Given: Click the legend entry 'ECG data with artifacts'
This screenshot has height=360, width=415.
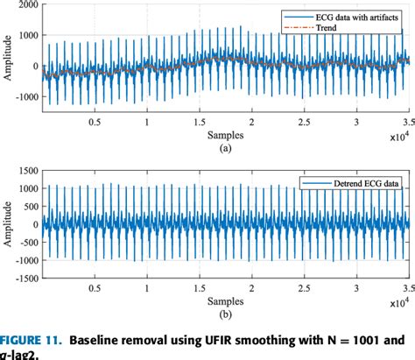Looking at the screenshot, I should point(346,17).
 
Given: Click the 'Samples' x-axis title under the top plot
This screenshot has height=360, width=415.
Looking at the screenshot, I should point(225,138).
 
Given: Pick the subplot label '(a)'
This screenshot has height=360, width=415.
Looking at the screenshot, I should point(225,149).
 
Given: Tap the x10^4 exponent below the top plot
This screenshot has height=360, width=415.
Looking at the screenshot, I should point(398,138).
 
